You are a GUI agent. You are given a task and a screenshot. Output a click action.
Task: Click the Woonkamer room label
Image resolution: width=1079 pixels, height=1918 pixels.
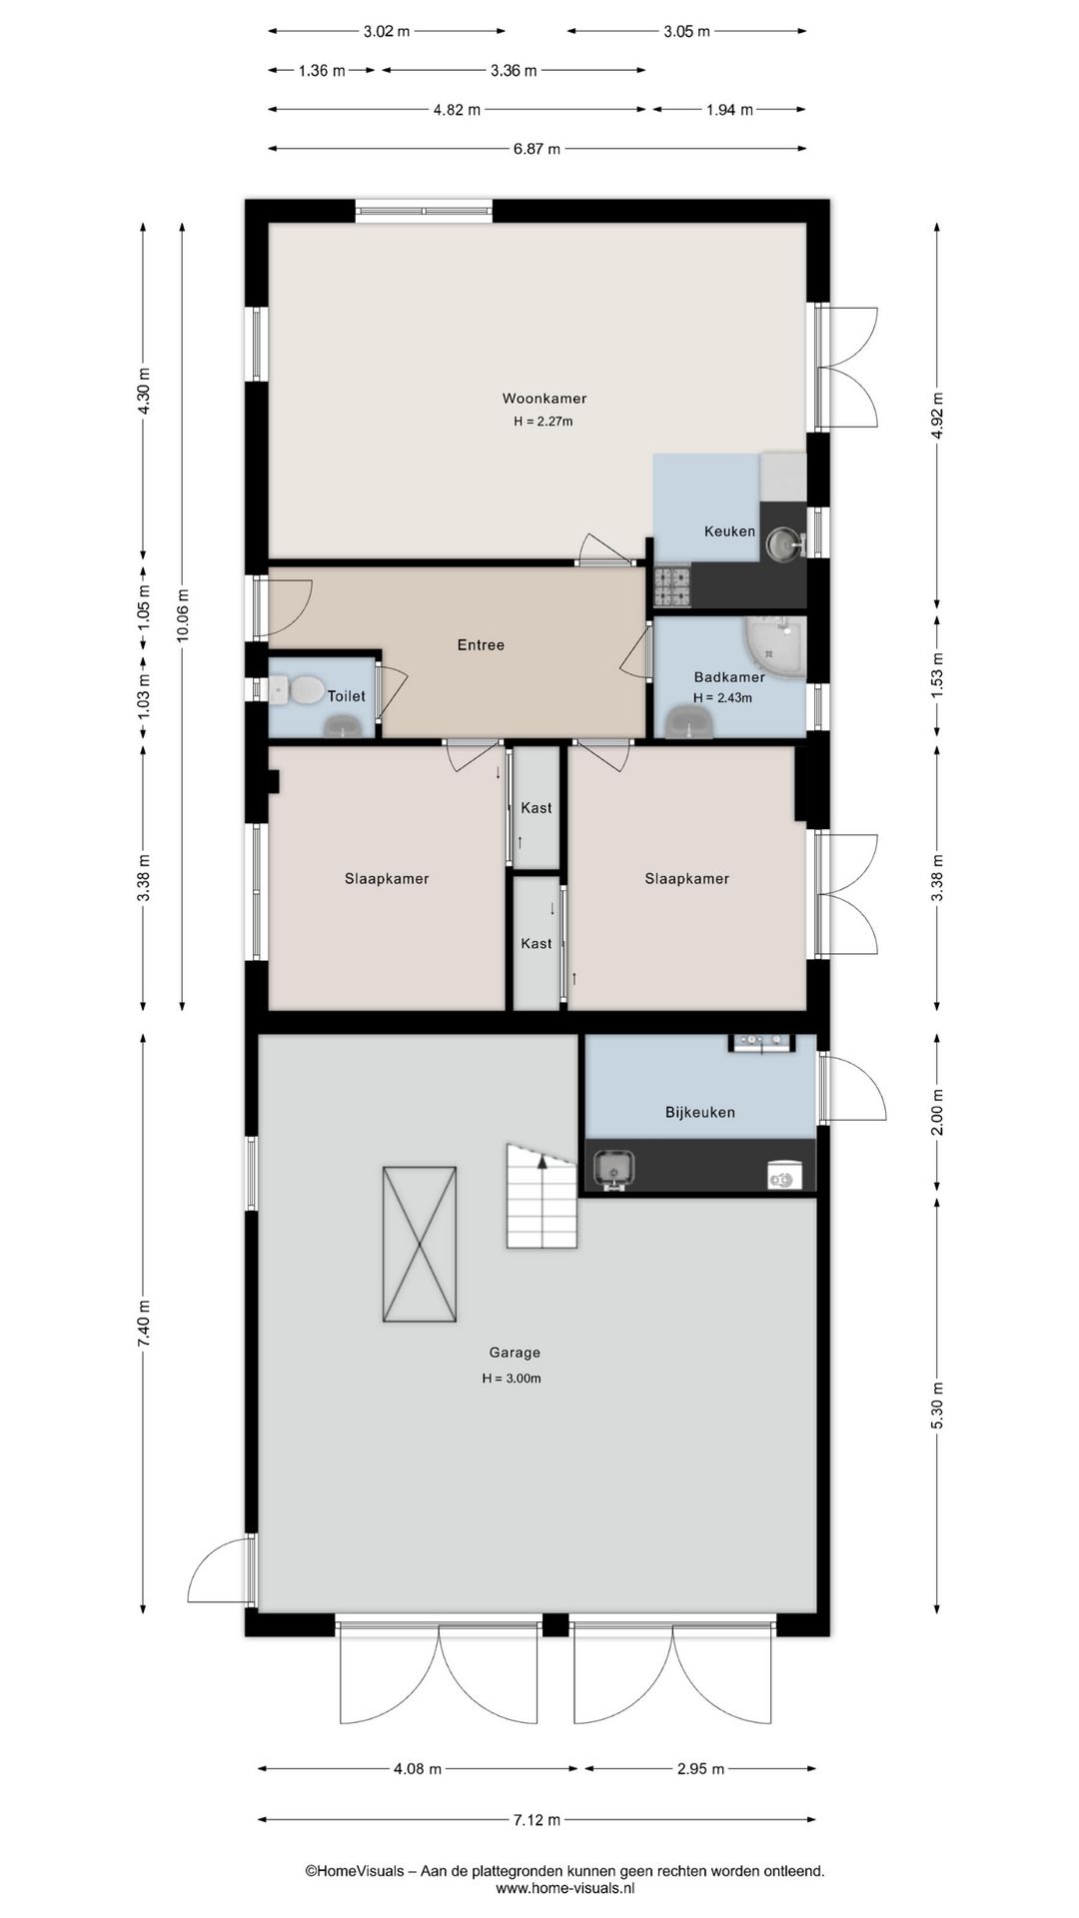[x=543, y=399]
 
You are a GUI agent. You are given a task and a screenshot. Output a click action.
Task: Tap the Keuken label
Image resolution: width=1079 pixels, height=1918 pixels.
[x=729, y=531]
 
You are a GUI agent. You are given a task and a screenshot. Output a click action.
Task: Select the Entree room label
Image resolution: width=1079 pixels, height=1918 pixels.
[x=481, y=645]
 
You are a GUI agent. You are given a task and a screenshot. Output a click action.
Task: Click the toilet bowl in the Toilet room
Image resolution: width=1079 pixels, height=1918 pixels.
[x=298, y=688]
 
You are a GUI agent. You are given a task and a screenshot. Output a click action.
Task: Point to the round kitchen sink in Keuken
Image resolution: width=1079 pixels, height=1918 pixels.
[x=783, y=545]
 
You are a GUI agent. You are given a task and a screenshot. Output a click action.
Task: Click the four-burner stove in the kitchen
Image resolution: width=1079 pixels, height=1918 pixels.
[x=671, y=587]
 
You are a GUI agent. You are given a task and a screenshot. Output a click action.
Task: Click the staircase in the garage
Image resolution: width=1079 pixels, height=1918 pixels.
[x=542, y=1196]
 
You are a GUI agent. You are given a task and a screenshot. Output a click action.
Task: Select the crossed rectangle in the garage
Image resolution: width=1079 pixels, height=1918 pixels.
[x=420, y=1244]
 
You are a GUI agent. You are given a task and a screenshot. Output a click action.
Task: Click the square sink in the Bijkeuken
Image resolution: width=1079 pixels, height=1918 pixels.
[x=613, y=1167]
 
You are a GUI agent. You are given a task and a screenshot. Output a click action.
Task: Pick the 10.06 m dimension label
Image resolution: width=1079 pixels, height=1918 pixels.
[x=182, y=617]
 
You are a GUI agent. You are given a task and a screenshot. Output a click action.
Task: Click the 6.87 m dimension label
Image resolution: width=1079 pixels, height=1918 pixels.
[x=537, y=149]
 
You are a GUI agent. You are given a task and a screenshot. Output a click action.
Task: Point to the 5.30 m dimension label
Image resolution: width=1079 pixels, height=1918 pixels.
[x=937, y=1406]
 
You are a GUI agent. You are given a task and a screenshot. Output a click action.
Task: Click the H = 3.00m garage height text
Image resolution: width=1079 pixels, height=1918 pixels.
[x=512, y=1379]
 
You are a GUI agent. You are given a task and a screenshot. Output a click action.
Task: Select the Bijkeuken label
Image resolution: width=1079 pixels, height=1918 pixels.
[x=700, y=1112]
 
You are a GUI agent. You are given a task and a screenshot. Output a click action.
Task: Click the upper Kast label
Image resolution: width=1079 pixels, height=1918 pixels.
[x=537, y=808]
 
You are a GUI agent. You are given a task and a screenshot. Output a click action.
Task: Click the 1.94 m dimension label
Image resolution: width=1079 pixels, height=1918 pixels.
[x=729, y=110]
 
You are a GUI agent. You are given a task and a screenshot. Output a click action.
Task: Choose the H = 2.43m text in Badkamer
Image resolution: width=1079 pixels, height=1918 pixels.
[x=722, y=698]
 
